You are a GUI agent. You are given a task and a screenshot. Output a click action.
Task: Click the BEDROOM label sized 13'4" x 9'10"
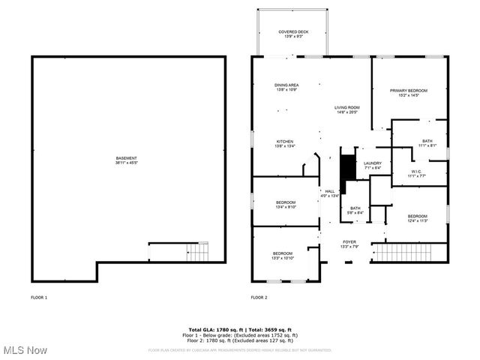click(x=286, y=205)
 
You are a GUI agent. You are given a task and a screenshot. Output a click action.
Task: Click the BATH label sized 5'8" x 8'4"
click(x=355, y=210)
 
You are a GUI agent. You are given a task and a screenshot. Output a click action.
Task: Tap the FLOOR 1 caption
click(x=39, y=298)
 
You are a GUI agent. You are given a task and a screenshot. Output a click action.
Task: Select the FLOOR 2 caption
click(x=259, y=298)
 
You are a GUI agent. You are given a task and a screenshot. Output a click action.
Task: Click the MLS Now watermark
click(x=25, y=350)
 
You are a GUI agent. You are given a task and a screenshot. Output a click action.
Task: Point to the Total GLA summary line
click(x=239, y=330)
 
